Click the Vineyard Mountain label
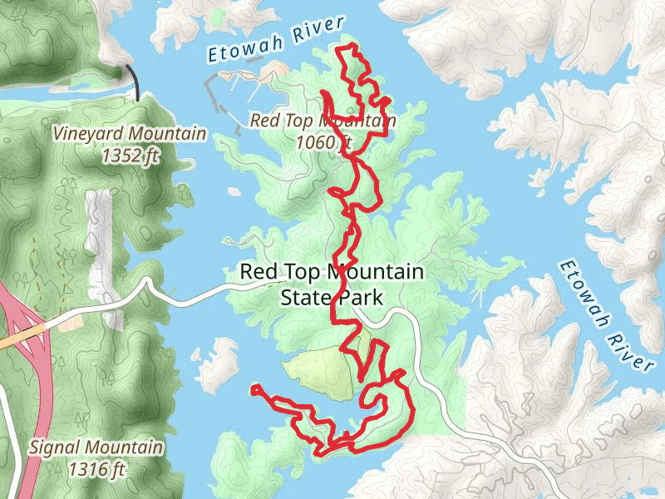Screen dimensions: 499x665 tap(129, 134)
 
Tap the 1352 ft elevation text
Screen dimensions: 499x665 tap(130, 154)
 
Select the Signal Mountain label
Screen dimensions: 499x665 tap(96, 447)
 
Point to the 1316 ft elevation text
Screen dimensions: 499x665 tap(96, 470)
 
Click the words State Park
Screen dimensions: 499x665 tap(332, 296)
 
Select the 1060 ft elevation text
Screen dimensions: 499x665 tap(323, 142)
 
